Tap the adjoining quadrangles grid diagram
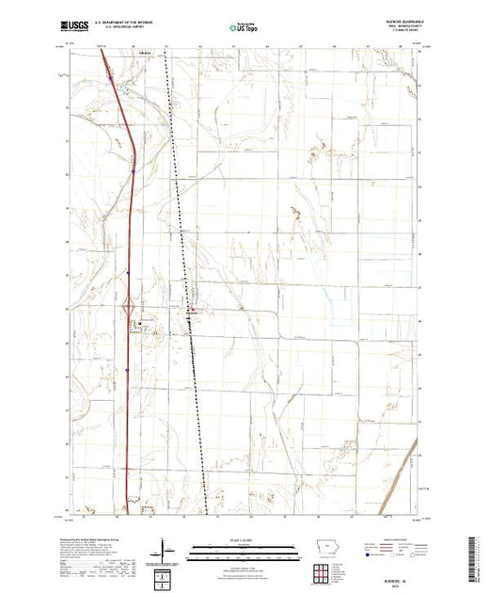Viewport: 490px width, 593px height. coord(324,546)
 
